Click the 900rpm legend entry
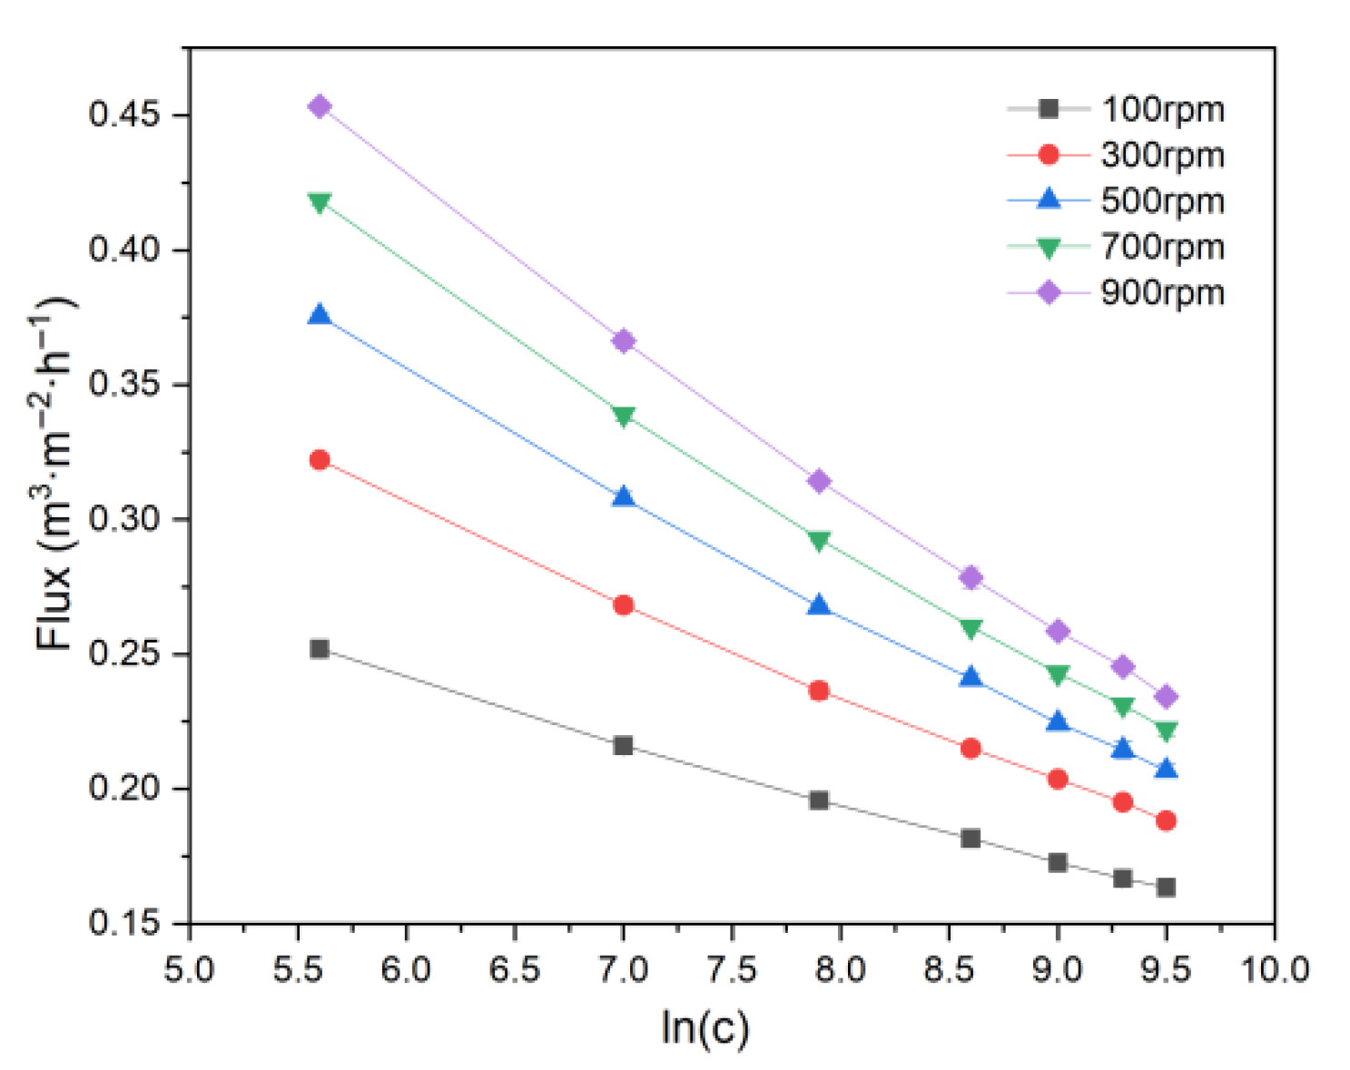coord(1162,293)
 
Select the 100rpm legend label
coord(1162,109)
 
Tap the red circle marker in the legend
coord(1049,155)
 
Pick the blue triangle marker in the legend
coord(1049,199)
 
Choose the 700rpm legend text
coord(1162,247)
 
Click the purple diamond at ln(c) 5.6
coord(320,107)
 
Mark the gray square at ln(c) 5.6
coord(320,649)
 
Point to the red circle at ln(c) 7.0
coord(623,605)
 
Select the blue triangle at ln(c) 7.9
coord(819,605)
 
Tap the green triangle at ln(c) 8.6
coord(971,629)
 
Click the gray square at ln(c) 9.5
coord(1166,888)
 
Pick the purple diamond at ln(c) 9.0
coord(1058,632)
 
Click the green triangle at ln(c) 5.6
coord(320,202)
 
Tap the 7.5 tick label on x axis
coord(731,970)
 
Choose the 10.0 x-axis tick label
coord(1275,970)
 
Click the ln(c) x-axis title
coord(705,1027)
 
